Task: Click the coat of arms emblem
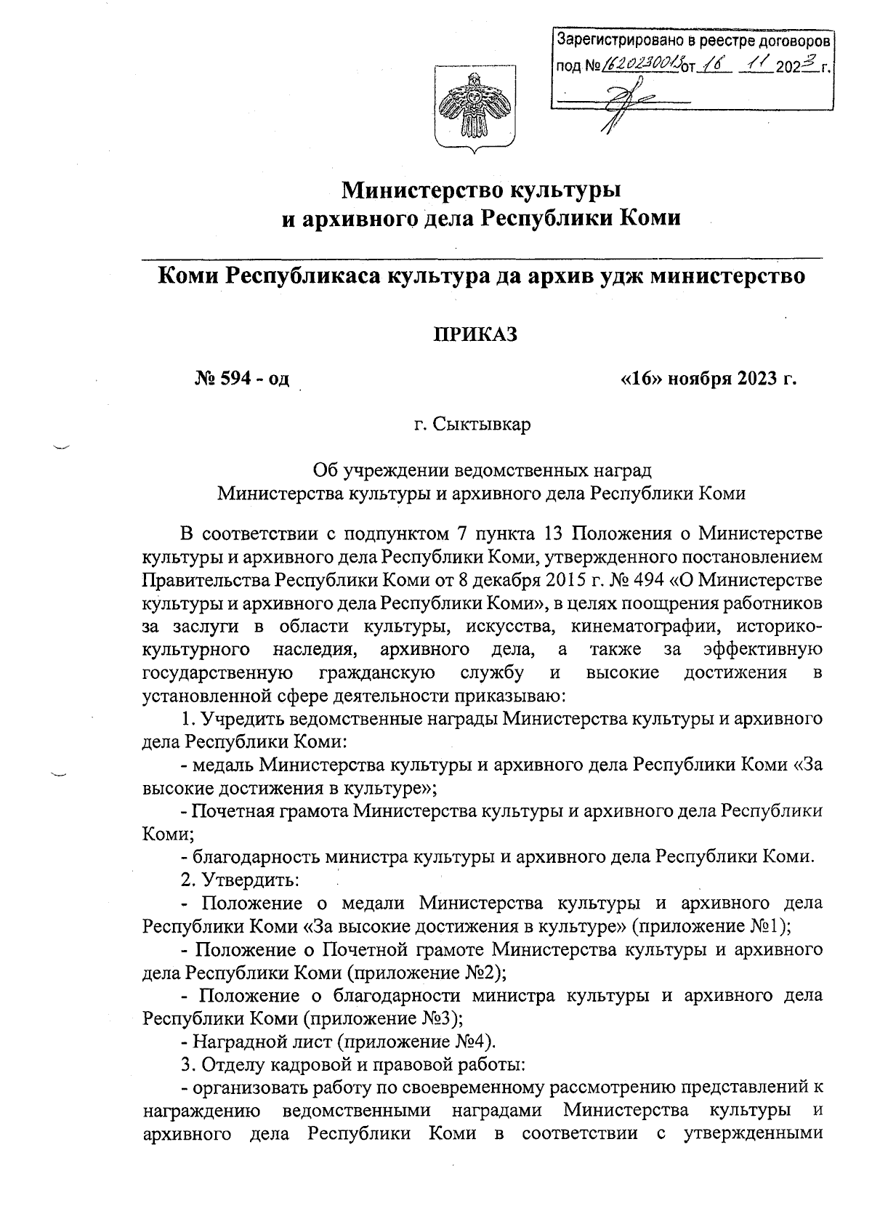pos(475,108)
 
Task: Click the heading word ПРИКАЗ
pos(475,334)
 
